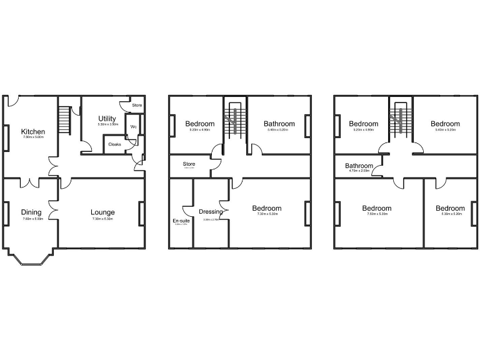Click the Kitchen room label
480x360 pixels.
tap(33, 132)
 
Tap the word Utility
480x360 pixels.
tap(107, 118)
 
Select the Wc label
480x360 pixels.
tap(133, 127)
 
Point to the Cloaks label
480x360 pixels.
tap(114, 144)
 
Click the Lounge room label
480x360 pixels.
tap(103, 212)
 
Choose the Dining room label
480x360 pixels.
tap(31, 212)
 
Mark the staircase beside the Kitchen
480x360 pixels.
tap(63, 121)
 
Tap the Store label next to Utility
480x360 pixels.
tap(137, 105)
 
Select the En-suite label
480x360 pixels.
tap(181, 221)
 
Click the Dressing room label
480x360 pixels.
tap(211, 211)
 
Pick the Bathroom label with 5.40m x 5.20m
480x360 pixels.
tap(279, 124)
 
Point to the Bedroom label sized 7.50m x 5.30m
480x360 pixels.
tap(376, 208)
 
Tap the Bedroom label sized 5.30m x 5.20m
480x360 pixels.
tap(450, 208)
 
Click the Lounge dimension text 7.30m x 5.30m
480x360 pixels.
tap(103, 219)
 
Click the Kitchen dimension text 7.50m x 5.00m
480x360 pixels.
tap(33, 138)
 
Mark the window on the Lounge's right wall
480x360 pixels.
tap(142, 213)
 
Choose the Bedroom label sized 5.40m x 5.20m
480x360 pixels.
tap(445, 124)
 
